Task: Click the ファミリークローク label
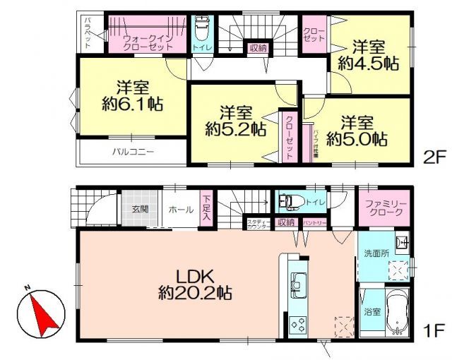384,209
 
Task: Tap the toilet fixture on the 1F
288,201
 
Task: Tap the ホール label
179,209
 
